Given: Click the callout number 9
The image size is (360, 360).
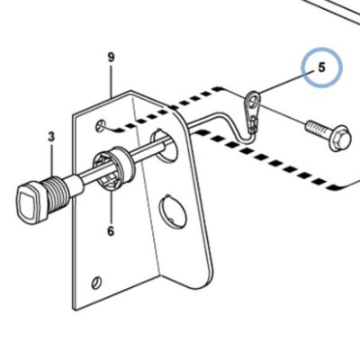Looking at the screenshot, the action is (112, 57).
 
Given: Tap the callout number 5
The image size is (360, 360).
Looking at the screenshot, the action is (321, 67).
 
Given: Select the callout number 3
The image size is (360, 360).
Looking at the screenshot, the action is (51, 137).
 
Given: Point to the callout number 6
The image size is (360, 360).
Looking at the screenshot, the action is (111, 231).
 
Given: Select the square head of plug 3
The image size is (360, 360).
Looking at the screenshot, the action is (30, 202).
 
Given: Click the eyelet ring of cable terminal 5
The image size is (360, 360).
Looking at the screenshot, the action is (253, 98).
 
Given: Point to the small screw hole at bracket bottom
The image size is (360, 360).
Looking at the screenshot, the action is (97, 282).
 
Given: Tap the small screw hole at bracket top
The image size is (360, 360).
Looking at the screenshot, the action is (101, 125).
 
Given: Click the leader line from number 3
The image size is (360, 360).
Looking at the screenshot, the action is (52, 159).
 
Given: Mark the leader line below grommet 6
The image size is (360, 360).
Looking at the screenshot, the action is (111, 207).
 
